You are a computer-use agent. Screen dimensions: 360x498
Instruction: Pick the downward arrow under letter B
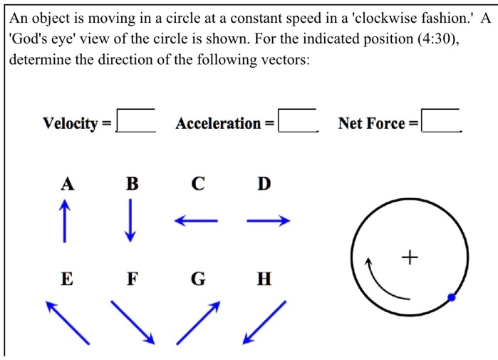point(130,220)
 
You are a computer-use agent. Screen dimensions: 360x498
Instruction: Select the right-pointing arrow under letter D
point(269,221)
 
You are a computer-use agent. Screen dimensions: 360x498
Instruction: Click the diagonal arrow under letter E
point(68,322)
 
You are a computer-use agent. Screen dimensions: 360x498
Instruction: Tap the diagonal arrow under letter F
point(133,322)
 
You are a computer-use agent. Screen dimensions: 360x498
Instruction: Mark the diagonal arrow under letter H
point(264,322)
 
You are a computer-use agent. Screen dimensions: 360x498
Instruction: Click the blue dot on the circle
point(451,297)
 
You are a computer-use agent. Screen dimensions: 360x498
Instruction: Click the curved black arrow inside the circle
point(382,282)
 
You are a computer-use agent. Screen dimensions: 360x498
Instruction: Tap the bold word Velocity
point(70,123)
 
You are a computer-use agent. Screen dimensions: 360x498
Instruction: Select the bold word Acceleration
point(218,123)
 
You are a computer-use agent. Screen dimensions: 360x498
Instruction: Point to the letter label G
point(198,279)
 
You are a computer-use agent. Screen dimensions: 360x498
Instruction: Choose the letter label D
point(264,184)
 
